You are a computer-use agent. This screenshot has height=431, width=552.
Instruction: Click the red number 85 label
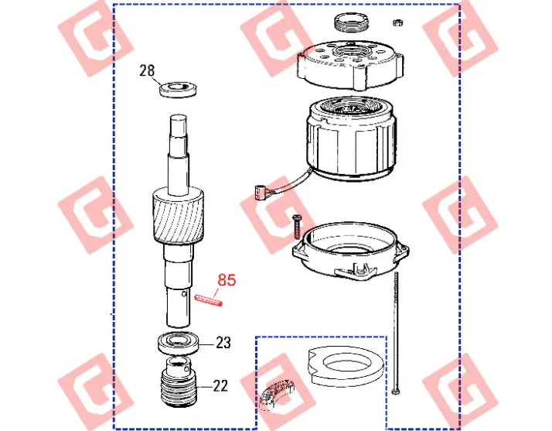click(x=227, y=280)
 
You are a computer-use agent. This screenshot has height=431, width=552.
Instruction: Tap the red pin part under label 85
click(x=209, y=300)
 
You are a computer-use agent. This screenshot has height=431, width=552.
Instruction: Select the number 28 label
click(x=147, y=70)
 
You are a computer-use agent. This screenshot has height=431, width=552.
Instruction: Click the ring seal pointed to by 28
click(x=178, y=90)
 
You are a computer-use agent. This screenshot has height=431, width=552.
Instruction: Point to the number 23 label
click(x=223, y=343)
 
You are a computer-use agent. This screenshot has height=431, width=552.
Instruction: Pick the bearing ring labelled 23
click(x=179, y=344)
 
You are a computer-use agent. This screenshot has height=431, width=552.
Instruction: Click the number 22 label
click(x=220, y=386)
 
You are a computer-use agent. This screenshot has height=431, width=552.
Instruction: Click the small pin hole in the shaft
click(x=184, y=294)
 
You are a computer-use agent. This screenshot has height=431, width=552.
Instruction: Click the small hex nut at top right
click(x=397, y=23)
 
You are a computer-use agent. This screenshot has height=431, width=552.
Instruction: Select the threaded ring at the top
click(x=351, y=22)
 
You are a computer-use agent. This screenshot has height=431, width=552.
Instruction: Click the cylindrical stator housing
click(x=352, y=139)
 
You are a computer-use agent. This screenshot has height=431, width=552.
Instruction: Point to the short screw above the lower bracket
click(x=296, y=227)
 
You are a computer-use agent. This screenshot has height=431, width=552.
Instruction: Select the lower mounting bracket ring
click(x=351, y=251)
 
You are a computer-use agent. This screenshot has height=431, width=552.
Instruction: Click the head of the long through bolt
click(x=395, y=392)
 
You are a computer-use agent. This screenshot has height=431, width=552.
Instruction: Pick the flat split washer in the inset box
click(x=346, y=365)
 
